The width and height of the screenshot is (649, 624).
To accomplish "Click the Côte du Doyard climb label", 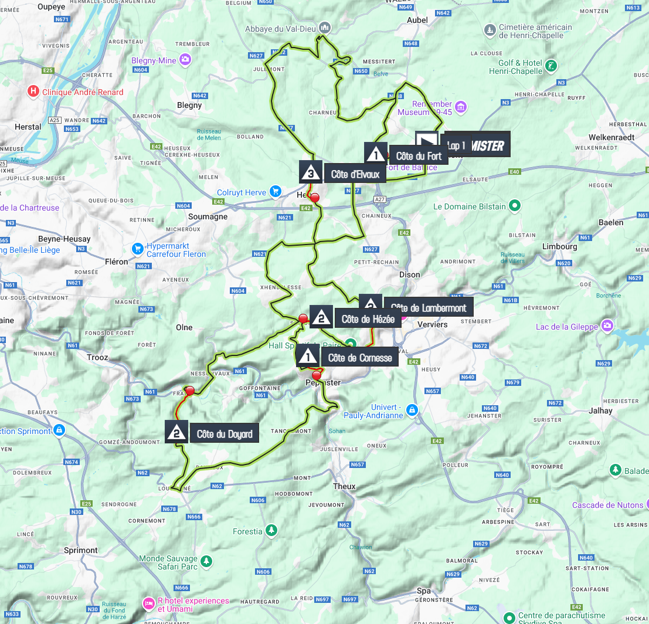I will tap(225, 434).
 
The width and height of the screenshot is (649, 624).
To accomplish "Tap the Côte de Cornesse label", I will tap(359, 358).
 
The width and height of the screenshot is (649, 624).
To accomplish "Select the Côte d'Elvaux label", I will tap(355, 174).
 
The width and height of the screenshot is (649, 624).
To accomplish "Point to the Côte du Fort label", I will tap(419, 156).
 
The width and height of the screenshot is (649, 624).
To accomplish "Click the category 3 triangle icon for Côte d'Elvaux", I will tap(310, 172).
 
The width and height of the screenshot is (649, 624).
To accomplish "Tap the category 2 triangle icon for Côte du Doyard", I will tap(176, 432).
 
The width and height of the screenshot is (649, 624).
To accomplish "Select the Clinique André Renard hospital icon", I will tap(33, 91).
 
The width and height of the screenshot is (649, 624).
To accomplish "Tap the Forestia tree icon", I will tap(271, 531).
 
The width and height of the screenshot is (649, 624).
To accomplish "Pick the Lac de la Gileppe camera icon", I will tap(607, 325).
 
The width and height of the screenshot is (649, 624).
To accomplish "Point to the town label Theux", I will tap(344, 486).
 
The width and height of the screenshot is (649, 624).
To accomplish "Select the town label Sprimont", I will tap(80, 550).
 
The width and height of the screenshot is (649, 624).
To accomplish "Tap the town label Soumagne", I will tap(208, 216).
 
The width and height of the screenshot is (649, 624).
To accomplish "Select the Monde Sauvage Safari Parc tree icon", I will tap(206, 562).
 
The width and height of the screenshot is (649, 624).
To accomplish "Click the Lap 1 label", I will tap(456, 145).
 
